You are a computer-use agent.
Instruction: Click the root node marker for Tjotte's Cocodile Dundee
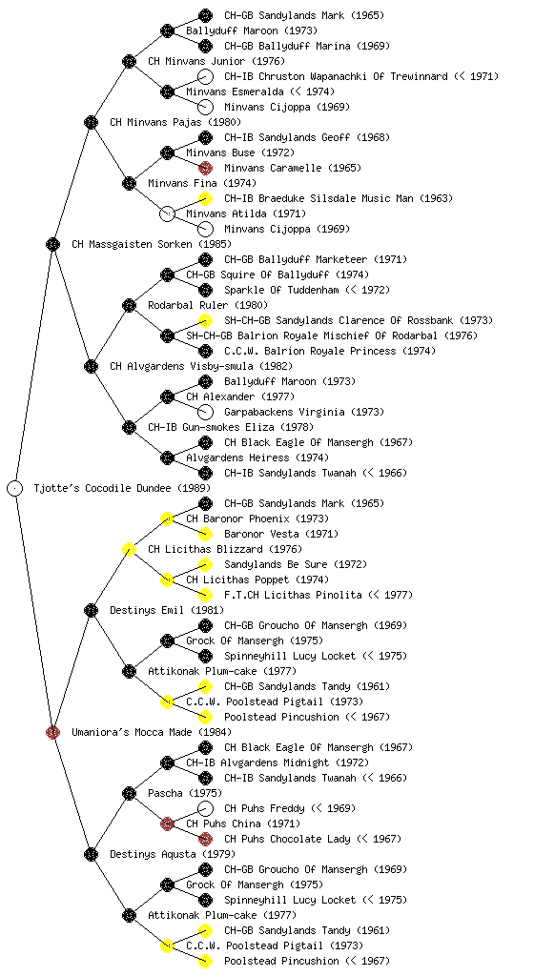(15, 488)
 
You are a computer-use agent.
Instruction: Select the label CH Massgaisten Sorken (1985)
(152, 244)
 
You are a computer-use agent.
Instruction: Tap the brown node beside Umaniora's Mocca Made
(52, 732)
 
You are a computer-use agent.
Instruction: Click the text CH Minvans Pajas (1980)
(175, 122)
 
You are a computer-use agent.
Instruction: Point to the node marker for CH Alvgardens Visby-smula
(91, 366)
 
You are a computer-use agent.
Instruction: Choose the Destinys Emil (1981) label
(167, 610)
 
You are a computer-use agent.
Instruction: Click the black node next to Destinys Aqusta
(91, 854)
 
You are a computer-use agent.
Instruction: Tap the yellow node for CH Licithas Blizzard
(129, 549)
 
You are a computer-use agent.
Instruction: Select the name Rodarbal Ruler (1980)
(208, 305)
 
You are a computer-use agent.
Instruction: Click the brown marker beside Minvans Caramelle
(205, 168)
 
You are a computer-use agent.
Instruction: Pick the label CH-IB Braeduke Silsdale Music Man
(319, 198)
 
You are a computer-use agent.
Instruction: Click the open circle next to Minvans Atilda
(167, 213)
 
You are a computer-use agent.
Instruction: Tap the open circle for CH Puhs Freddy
(205, 808)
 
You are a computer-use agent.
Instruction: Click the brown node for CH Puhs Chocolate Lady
(205, 839)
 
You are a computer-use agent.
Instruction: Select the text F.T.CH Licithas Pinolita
(293, 595)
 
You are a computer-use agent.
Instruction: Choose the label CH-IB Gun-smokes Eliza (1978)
(231, 427)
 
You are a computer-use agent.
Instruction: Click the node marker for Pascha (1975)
(129, 793)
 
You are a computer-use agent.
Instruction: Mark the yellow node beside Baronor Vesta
(205, 534)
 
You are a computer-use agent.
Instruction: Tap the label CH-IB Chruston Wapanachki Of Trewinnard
(336, 76)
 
